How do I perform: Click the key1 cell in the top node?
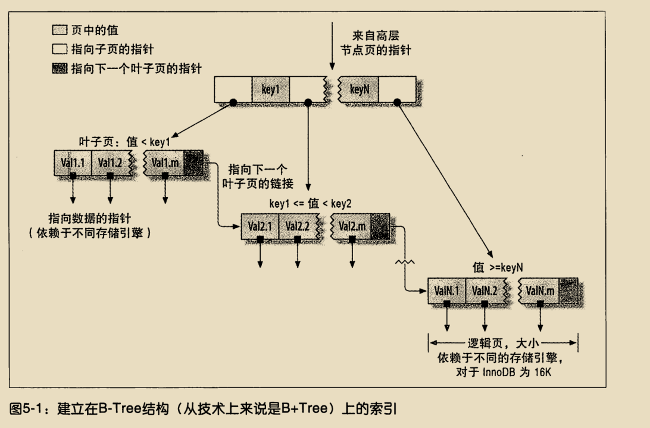(x=270, y=89)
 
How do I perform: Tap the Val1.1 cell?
(x=73, y=163)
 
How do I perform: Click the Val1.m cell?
(x=164, y=163)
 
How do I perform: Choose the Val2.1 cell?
(x=260, y=227)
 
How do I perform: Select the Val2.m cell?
(x=351, y=227)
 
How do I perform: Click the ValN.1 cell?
(x=447, y=291)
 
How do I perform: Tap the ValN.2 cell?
(x=485, y=291)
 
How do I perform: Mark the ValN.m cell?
(x=539, y=291)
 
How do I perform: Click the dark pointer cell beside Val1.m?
(x=194, y=163)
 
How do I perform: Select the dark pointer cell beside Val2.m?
(x=380, y=227)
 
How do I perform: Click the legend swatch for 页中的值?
(x=60, y=30)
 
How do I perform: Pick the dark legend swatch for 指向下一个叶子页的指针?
(x=60, y=69)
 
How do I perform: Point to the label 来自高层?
(x=376, y=35)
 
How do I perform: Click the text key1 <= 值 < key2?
(x=310, y=204)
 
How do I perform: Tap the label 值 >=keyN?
(x=498, y=268)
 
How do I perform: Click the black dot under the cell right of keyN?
(x=397, y=102)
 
